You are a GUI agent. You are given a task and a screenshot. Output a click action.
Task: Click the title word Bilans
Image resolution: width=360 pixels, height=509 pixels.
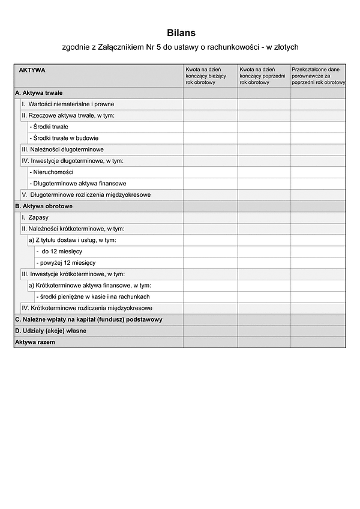[181, 34]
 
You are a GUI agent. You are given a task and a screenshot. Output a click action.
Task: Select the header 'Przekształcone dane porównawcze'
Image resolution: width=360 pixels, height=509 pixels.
[318, 76]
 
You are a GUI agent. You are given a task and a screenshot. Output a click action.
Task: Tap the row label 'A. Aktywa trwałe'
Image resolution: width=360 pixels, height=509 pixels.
[39, 93]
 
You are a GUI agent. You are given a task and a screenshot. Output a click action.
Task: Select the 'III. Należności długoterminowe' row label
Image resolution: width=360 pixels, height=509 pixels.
[62, 149]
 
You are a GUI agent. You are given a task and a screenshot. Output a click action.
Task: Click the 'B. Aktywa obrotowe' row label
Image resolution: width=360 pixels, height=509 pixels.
[43, 206]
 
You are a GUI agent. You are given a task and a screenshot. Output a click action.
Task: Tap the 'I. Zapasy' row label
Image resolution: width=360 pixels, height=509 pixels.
[35, 217]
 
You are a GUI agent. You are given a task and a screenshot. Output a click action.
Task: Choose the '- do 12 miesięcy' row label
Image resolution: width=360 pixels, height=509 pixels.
[59, 251]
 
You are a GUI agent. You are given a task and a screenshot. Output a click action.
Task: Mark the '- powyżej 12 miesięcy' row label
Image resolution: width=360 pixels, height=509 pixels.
[65, 262]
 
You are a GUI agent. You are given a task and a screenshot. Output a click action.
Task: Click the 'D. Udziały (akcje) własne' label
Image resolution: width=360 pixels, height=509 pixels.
[51, 331]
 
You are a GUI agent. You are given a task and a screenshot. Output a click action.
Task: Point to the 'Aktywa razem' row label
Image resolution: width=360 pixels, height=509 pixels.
[35, 342]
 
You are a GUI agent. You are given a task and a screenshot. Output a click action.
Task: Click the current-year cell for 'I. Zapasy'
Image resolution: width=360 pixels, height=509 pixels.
[210, 217]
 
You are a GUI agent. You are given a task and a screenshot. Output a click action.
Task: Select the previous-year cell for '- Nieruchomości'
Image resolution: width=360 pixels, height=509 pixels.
[264, 172]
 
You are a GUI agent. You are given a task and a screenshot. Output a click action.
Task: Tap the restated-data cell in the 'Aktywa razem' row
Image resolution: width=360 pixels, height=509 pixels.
[318, 342]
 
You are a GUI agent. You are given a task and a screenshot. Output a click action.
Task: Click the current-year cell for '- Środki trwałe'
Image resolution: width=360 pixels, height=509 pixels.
[210, 127]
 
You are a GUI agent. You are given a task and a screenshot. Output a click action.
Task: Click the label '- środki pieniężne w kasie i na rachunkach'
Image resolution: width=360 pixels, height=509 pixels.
[93, 297]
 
